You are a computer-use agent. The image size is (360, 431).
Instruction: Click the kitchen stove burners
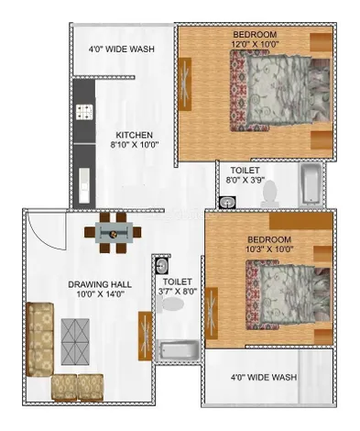[x=84, y=112]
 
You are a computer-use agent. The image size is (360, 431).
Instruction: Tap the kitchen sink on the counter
[x=84, y=185]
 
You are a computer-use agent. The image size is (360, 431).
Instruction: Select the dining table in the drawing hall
[x=114, y=233]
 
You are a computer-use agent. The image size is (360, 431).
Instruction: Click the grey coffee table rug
[x=75, y=341]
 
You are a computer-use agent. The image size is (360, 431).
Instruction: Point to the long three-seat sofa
[x=39, y=338]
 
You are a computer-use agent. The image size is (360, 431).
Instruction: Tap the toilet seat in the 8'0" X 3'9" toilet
[x=269, y=193]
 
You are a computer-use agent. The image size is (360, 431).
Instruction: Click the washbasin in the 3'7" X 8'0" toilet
[x=161, y=265]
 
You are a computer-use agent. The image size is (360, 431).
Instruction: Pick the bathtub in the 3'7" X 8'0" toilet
[x=178, y=351]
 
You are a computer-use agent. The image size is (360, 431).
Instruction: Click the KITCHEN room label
[x=134, y=135]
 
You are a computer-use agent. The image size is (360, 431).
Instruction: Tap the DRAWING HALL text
[x=100, y=284]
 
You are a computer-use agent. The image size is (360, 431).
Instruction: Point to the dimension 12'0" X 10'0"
[x=255, y=44]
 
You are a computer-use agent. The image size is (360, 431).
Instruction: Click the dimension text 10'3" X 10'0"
[x=269, y=249]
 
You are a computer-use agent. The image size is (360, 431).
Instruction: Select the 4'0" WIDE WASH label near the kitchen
[x=121, y=49]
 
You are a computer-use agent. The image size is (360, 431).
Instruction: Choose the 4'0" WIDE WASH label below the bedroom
[x=264, y=377]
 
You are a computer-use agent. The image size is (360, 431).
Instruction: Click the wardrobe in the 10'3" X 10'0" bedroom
[x=300, y=221]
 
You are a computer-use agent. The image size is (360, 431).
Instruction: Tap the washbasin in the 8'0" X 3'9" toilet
[x=227, y=202]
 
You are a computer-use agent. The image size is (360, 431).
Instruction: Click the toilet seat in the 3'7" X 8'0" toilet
[x=171, y=304]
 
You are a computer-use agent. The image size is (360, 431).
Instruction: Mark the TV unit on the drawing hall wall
[x=145, y=336]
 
